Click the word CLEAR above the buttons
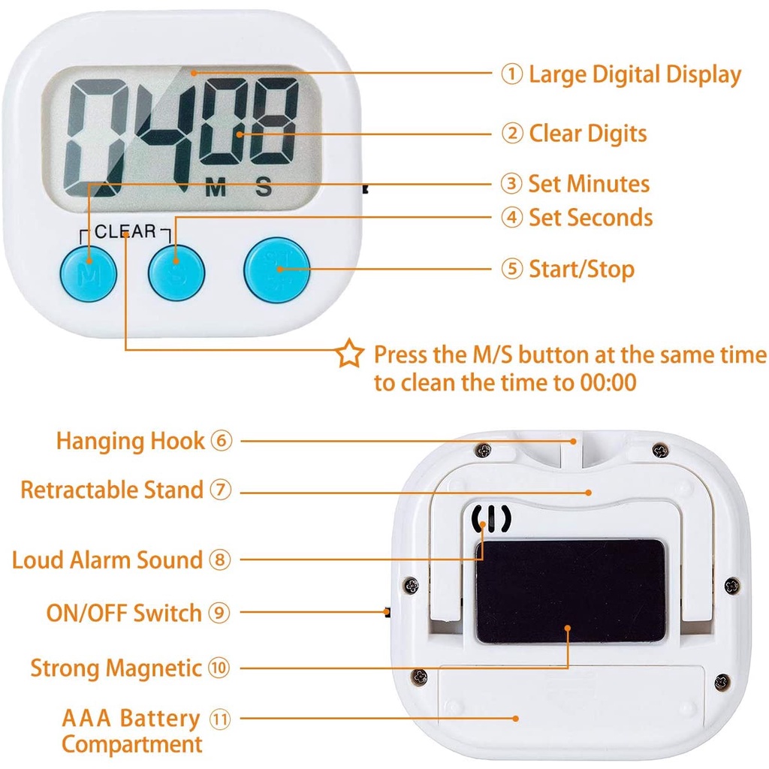point(125,232)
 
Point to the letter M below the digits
point(216,188)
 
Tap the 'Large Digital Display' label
point(635,74)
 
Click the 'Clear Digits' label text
point(587,134)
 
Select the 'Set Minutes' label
point(589,183)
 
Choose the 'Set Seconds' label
point(590,218)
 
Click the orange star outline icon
point(349,354)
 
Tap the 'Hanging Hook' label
point(131,441)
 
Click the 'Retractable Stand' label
point(112,490)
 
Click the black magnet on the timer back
point(571,591)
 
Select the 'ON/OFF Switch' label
point(124,613)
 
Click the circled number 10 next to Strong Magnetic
point(219,668)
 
